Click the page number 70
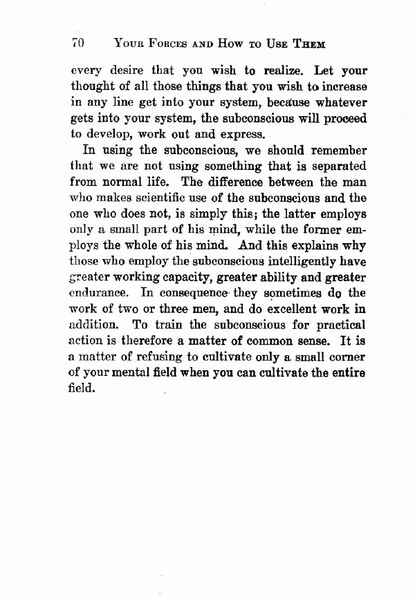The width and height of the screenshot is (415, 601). [77, 42]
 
